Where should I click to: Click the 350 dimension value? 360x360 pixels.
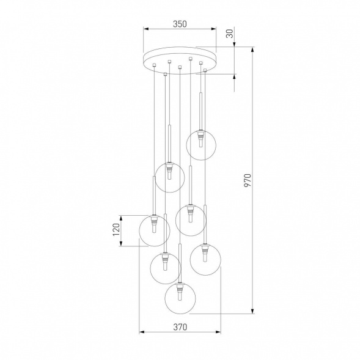[x=179, y=24]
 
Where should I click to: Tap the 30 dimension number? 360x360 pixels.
[x=230, y=34]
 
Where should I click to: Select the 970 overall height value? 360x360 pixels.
[x=248, y=180]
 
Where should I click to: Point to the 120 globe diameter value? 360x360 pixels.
[x=124, y=230]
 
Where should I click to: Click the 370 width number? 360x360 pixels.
[x=179, y=327]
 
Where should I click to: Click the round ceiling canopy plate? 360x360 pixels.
[x=180, y=60]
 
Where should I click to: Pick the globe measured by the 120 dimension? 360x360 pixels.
[x=154, y=230]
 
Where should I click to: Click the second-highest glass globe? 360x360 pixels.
[x=170, y=177]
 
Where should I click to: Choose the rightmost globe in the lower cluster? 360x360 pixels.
[x=205, y=259]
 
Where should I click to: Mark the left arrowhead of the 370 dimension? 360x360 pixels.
[x=142, y=333]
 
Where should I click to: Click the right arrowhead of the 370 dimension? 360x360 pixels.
[x=218, y=333]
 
